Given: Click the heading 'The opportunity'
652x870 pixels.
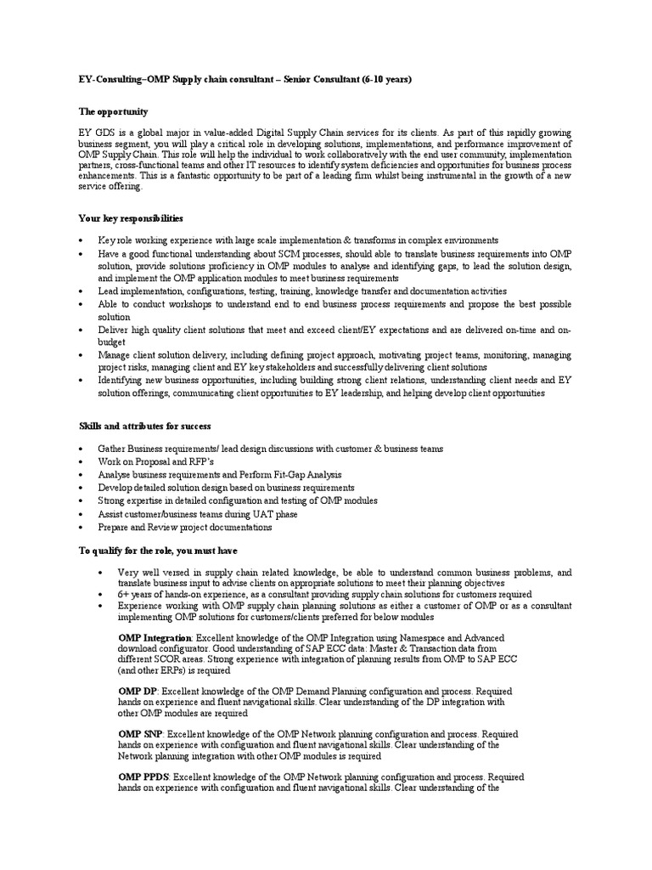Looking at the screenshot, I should click(x=113, y=111).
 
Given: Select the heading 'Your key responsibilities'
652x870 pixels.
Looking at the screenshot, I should click(x=130, y=218).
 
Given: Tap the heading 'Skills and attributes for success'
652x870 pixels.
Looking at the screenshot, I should click(x=144, y=425).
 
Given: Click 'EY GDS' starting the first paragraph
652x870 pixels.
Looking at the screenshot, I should click(x=94, y=133).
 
